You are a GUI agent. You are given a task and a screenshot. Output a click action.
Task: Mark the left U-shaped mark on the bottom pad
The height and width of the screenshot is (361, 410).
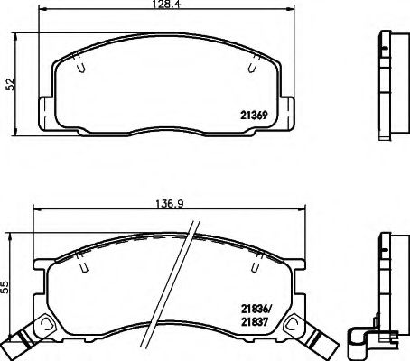click(x=82, y=265)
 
